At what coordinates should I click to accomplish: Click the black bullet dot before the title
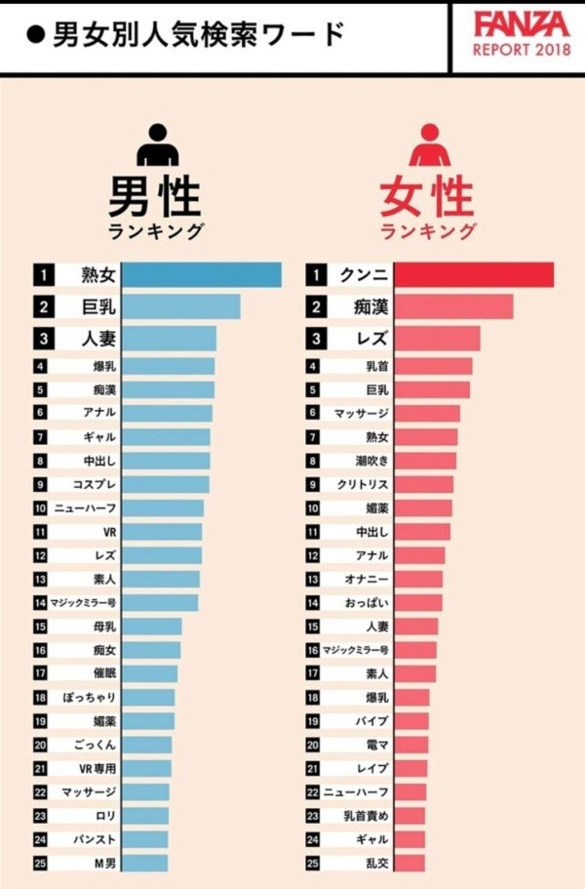(36, 36)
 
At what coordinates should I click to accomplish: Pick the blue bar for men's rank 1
(203, 275)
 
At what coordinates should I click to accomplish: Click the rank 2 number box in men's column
(44, 307)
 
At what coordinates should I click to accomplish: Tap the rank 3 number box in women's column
(315, 340)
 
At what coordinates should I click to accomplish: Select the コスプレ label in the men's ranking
(95, 485)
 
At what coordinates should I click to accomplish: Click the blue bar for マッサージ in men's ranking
(146, 791)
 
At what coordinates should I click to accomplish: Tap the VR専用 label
(98, 768)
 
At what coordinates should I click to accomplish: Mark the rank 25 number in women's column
(313, 863)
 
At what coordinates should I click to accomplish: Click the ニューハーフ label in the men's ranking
(89, 508)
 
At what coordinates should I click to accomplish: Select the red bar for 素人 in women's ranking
(415, 673)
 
